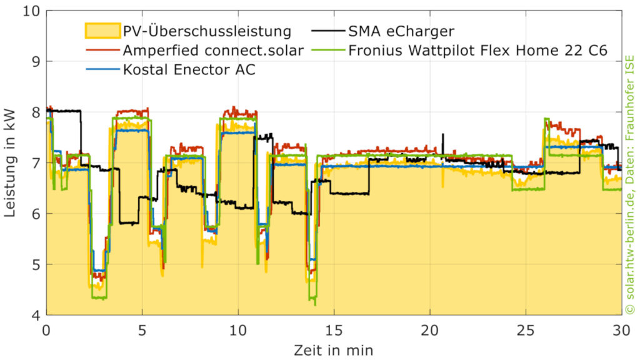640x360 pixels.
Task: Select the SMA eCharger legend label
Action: (x=402, y=31)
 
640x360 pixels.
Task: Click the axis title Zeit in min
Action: (x=334, y=349)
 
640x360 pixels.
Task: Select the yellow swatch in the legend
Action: (x=102, y=31)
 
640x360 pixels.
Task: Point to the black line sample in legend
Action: (x=327, y=30)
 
